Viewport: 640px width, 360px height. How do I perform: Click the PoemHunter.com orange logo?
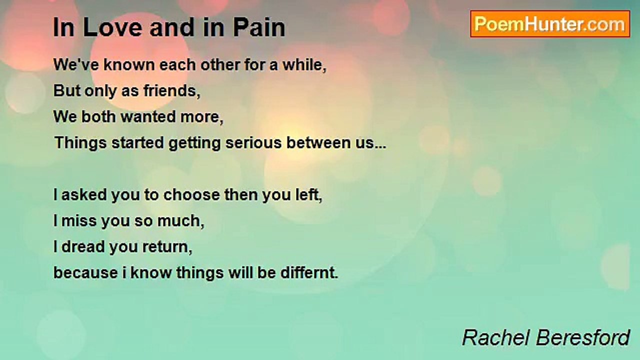[550, 24]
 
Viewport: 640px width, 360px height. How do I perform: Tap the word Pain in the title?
[259, 27]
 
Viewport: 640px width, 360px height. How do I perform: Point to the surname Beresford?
[583, 337]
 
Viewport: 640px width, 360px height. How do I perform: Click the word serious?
[253, 143]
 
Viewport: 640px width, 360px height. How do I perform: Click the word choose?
[191, 195]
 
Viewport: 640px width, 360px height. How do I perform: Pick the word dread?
[83, 247]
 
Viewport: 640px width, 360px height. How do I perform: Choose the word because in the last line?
[85, 273]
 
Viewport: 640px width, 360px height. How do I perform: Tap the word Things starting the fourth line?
[80, 143]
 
